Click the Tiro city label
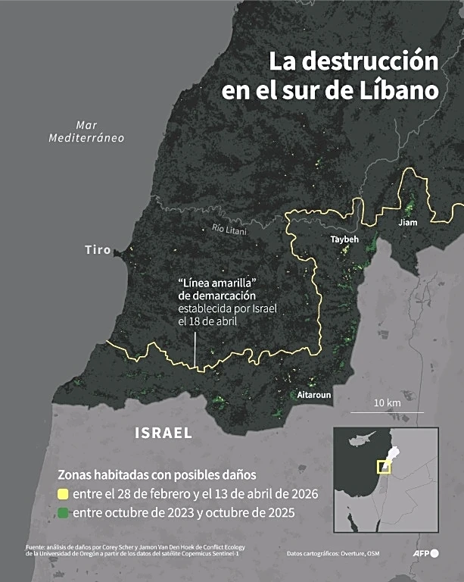pos(98,249)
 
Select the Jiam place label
pos(407,223)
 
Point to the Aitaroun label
pos(314,396)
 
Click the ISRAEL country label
pos(163,433)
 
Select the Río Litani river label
pos(229,230)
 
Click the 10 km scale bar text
pos(387,402)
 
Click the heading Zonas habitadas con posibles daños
pos(157,474)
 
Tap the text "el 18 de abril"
pos(208,321)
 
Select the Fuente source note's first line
pos(139,546)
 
